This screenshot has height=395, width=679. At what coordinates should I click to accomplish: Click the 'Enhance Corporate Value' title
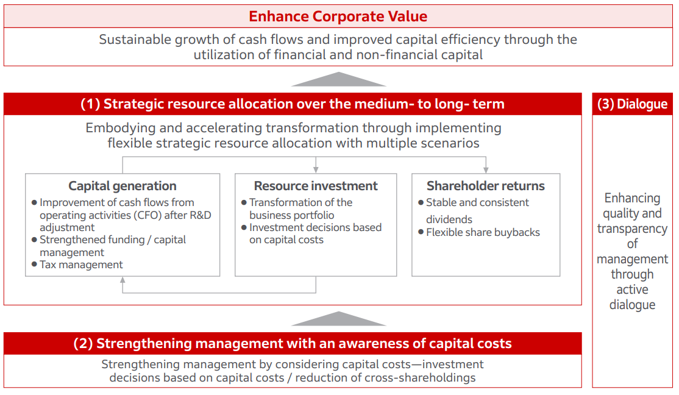(x=338, y=16)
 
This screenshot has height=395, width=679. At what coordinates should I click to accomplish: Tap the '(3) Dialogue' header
(x=632, y=104)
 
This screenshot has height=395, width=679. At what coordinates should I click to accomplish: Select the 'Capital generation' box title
(x=123, y=186)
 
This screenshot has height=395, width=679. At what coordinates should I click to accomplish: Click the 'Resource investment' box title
(x=316, y=186)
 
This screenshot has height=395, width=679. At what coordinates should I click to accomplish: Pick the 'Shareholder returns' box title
(x=486, y=186)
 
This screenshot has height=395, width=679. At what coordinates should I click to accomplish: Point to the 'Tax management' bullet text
(x=82, y=265)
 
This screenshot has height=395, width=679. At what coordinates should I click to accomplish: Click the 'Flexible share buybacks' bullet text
(x=483, y=232)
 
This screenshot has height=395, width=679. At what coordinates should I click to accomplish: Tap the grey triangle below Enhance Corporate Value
(x=339, y=79)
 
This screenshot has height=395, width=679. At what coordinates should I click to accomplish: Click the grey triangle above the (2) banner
(x=339, y=318)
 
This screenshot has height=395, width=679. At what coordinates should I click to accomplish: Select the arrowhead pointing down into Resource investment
(x=316, y=170)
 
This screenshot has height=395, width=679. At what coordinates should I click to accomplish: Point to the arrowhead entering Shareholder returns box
(x=486, y=170)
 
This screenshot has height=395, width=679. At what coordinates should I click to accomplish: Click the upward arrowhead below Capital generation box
(x=123, y=280)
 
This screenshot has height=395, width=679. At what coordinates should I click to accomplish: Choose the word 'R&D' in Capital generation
(x=200, y=215)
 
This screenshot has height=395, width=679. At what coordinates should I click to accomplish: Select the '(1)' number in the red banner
(x=90, y=104)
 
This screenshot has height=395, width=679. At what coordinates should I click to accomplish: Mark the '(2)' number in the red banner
(x=83, y=343)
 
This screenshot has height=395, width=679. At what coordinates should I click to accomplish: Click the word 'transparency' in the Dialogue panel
(x=632, y=229)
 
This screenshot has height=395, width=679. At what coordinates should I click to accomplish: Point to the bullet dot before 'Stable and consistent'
(x=421, y=202)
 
